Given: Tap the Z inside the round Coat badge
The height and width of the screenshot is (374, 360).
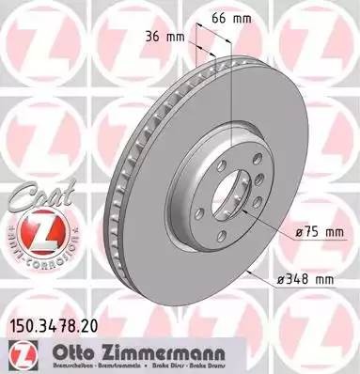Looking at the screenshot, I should pyautogui.click(x=39, y=230).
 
